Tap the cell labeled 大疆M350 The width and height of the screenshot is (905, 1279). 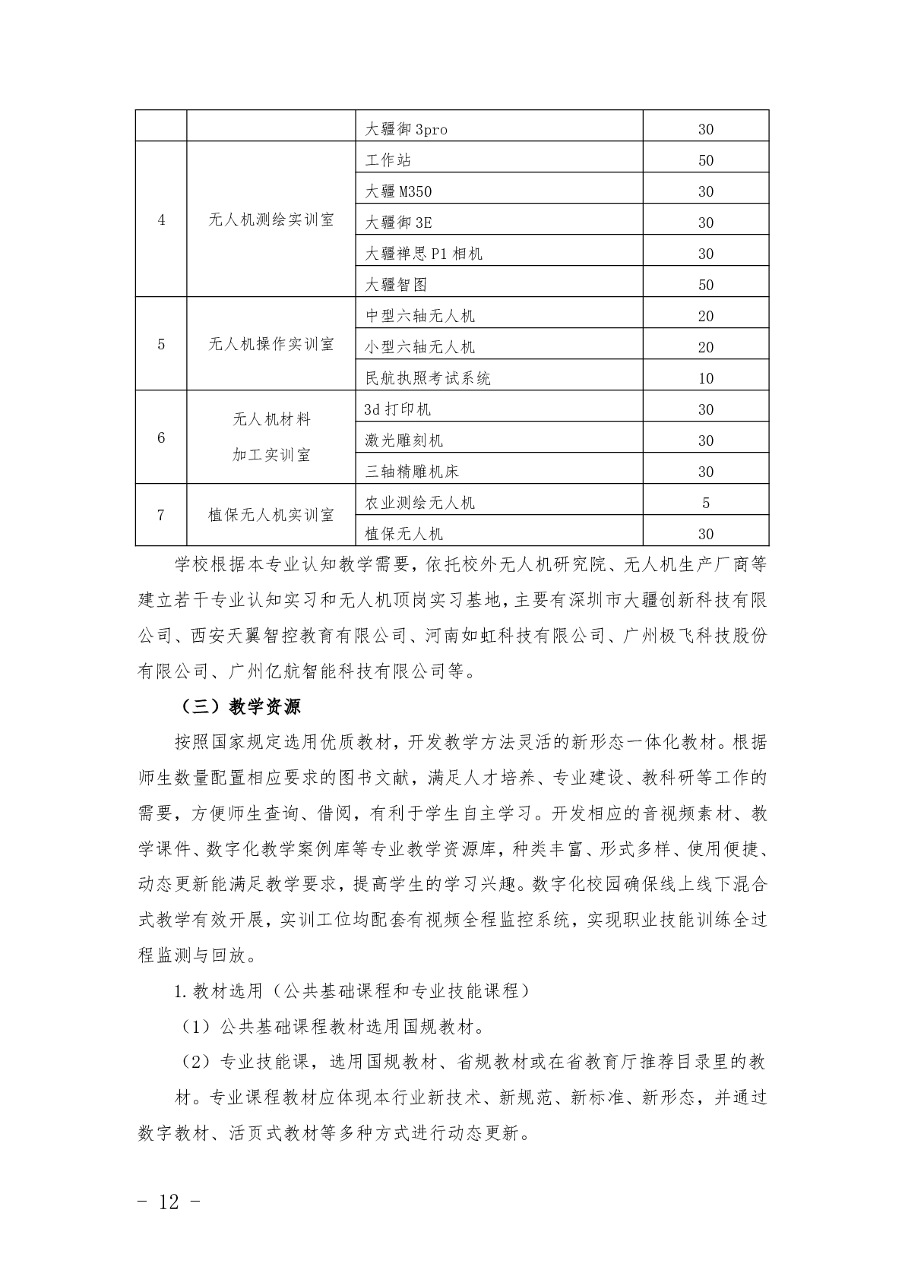coord(398,191)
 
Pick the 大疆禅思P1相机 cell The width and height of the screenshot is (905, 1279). coord(423,254)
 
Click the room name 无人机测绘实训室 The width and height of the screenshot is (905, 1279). coord(271,220)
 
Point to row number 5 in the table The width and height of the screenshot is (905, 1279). coord(161,344)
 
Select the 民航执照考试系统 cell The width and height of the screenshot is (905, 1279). coord(428,378)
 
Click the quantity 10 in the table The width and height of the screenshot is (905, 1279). coord(705,378)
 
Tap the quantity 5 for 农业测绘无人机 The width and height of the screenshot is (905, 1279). coord(705,503)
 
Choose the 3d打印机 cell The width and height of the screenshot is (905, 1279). coord(397,409)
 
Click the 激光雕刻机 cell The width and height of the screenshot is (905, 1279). coord(403,441)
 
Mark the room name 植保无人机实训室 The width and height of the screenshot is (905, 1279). coord(271,515)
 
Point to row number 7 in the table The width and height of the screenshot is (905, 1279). coord(161,515)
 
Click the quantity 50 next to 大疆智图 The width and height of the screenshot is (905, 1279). coord(705,285)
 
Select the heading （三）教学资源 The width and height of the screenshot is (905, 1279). coord(241,706)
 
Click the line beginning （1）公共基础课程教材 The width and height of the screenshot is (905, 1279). coord(333,1027)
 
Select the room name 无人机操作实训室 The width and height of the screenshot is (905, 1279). coord(271,344)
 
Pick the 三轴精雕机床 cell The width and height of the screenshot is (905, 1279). coord(412,472)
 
